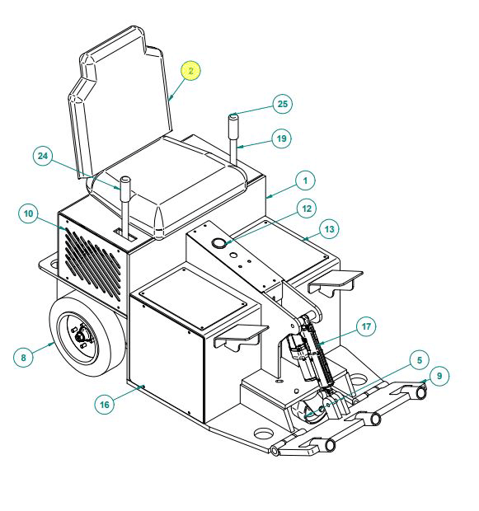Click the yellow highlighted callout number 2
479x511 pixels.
click(x=190, y=71)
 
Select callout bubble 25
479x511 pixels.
click(x=283, y=104)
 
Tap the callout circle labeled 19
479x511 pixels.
click(x=281, y=138)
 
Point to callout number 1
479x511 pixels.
click(x=305, y=180)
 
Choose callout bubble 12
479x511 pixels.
click(x=307, y=209)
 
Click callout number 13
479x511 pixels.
click(x=329, y=229)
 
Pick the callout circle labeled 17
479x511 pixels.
click(x=366, y=326)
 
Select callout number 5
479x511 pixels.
click(x=420, y=360)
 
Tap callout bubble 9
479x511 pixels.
click(x=439, y=376)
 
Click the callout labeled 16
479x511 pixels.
click(x=105, y=405)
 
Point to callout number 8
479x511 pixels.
click(x=23, y=358)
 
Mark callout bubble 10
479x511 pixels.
click(x=28, y=213)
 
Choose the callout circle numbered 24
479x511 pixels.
click(x=43, y=156)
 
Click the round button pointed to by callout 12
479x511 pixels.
click(x=219, y=243)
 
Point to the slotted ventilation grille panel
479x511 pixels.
click(x=93, y=264)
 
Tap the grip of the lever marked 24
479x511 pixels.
click(x=125, y=189)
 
